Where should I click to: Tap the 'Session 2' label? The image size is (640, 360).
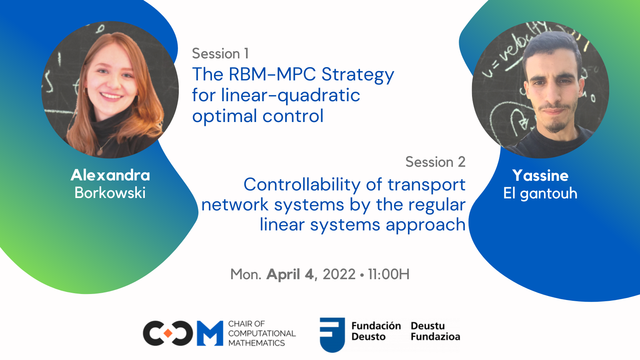click(x=435, y=162)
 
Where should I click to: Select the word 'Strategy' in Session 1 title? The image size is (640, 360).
click(x=358, y=75)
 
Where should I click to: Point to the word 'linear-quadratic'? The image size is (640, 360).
click(x=290, y=96)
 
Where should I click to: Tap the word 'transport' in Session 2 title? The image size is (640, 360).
click(x=426, y=185)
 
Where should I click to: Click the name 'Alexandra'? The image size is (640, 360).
click(x=110, y=175)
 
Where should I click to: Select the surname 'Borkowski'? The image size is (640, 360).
click(x=110, y=193)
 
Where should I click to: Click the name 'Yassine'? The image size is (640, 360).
click(x=540, y=176)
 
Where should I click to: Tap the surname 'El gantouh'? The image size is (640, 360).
click(x=540, y=194)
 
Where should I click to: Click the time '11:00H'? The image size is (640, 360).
click(x=388, y=274)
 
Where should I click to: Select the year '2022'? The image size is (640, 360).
click(x=339, y=274)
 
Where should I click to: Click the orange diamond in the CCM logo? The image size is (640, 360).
click(x=168, y=333)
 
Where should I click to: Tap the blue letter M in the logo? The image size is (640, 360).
click(x=210, y=333)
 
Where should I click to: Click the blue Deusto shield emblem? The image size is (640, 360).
click(x=332, y=334)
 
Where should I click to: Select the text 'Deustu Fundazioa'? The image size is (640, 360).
click(x=435, y=331)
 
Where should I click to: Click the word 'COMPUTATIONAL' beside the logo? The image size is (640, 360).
click(x=262, y=333)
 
